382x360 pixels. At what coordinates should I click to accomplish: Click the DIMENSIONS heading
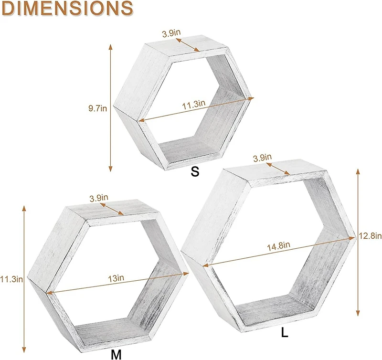67,9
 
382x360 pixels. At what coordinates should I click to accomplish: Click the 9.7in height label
97,108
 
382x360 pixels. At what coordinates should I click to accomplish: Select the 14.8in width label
279,245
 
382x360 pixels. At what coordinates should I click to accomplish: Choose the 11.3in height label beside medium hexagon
11,279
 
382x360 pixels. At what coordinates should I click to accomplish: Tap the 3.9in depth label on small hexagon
171,34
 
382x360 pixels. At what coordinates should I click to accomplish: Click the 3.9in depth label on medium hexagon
99,197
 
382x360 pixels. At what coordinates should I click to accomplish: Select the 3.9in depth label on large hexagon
262,157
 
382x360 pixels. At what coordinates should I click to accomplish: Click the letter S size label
194,172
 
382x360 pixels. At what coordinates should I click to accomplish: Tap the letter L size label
285,333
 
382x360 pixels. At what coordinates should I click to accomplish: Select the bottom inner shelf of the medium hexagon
103,332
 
